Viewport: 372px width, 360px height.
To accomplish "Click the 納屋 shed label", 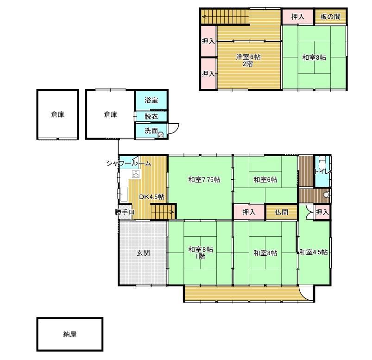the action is (x=70, y=335).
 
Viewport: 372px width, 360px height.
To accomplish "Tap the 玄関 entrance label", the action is (x=143, y=253).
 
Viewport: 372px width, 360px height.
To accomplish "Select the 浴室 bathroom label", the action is (x=151, y=100).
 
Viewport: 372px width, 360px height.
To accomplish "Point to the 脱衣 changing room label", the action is (x=151, y=116).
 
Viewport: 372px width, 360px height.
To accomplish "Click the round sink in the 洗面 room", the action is (x=161, y=135).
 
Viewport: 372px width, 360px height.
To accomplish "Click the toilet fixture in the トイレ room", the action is (x=322, y=162).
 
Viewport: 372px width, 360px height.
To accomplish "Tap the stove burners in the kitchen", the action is (x=136, y=174).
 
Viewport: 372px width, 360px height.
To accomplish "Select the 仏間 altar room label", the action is (x=282, y=212).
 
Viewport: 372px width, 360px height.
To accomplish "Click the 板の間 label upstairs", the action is (x=330, y=17).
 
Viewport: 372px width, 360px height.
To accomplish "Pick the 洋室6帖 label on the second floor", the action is (x=248, y=57).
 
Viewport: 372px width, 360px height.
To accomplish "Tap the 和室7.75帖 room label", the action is (x=204, y=180).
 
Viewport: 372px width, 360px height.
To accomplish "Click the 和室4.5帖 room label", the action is (x=314, y=252).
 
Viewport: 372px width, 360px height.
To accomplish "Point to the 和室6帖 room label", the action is (x=265, y=180).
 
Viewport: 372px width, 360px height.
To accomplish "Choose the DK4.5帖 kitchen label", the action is (x=151, y=197).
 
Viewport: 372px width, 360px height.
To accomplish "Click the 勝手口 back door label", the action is (x=125, y=212).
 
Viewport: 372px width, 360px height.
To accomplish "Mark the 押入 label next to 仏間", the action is (x=249, y=212).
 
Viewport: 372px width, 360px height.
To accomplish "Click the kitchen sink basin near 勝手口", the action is (x=124, y=194).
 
